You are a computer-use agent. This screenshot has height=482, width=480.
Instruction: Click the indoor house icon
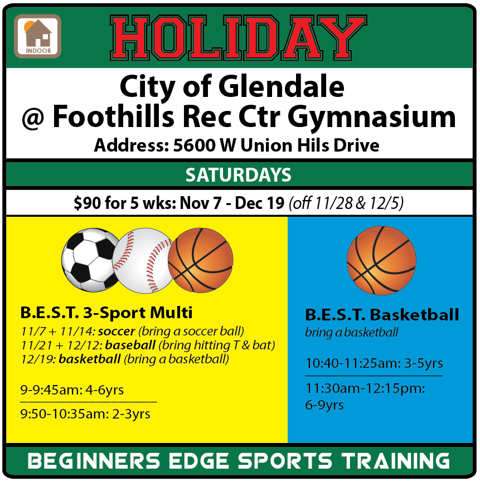(37, 36)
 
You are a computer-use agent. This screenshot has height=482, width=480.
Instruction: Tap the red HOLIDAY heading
(238, 38)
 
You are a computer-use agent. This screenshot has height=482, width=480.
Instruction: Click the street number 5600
(193, 145)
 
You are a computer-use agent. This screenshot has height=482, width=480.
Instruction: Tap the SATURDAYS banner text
(238, 175)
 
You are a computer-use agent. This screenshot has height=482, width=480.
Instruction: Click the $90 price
(88, 203)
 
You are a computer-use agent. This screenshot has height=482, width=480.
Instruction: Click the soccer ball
(90, 260)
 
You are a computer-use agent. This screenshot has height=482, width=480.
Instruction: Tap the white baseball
(142, 260)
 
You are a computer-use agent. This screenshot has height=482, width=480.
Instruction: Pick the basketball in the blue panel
(381, 261)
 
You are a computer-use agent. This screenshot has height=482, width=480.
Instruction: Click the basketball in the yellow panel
(201, 260)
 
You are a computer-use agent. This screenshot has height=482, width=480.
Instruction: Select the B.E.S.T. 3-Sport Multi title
(106, 313)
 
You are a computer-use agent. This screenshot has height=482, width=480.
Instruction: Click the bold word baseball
(130, 345)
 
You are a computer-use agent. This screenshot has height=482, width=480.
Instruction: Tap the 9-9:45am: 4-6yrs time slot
(72, 390)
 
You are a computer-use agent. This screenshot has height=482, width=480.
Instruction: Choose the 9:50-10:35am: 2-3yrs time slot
(85, 414)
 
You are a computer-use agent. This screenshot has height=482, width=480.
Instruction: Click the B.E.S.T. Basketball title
(382, 315)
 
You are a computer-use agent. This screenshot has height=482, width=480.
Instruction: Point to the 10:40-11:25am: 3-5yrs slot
(374, 363)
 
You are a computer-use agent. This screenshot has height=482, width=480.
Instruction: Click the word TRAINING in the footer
(396, 461)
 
